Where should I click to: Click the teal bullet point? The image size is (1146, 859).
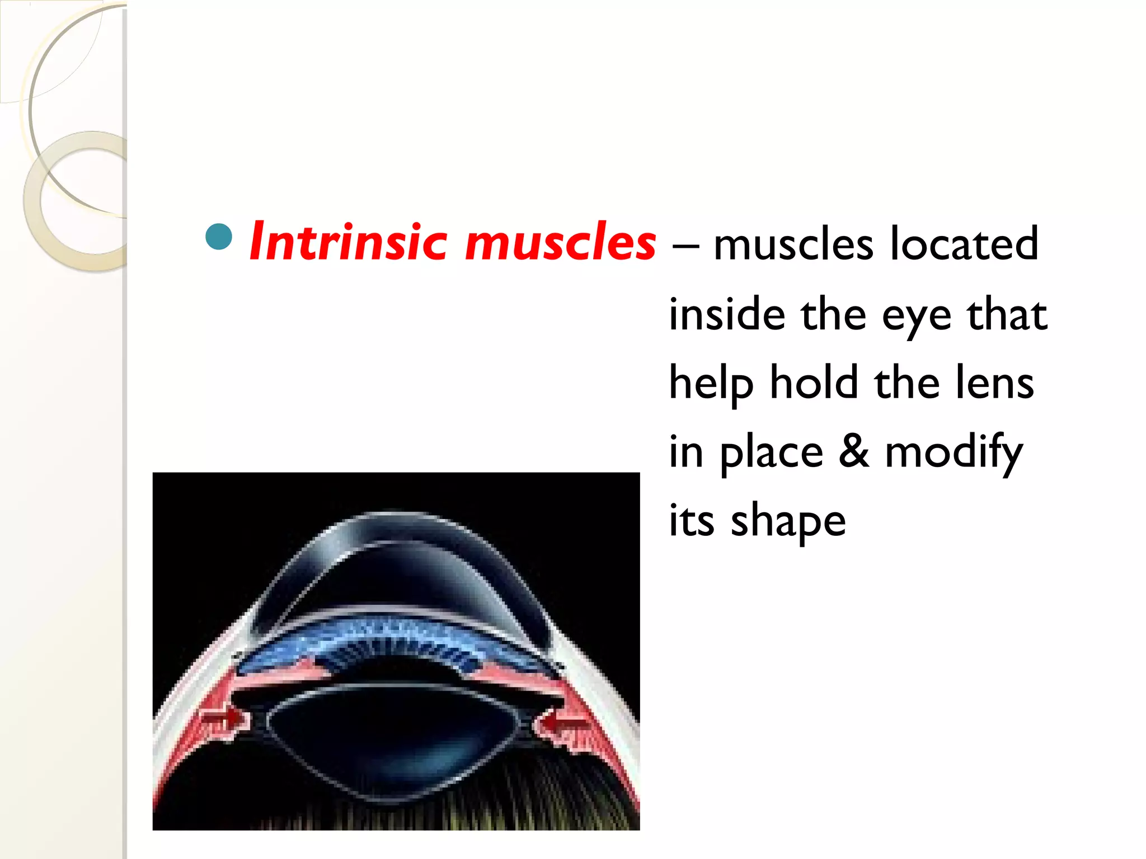[219, 237]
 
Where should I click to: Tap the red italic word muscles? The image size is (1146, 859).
[560, 243]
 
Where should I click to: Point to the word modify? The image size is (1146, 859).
[954, 453]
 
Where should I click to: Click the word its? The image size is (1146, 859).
[692, 520]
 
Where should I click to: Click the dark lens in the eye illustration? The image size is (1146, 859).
[392, 738]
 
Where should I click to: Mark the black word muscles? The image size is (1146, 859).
[793, 244]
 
